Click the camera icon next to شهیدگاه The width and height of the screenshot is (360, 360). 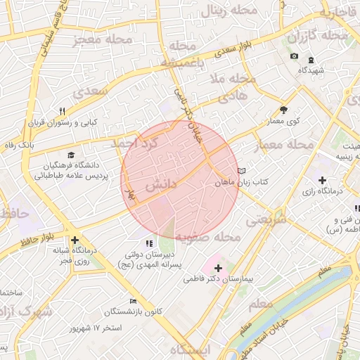coord(294,56)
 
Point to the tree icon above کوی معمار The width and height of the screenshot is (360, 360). coord(283,110)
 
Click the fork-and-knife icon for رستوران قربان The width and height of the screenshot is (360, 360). coord(62,111)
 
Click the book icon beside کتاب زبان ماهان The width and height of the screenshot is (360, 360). coord(243,171)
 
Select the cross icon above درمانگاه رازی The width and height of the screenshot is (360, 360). coord(322,181)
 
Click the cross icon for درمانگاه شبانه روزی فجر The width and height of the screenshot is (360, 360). coord(75,240)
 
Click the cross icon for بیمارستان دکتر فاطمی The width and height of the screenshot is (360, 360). coord(218,268)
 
